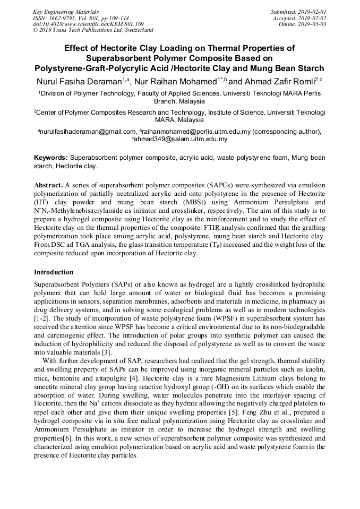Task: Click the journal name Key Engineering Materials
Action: coord(66,11)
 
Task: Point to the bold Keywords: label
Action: coord(51,158)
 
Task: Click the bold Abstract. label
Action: coord(48,185)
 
